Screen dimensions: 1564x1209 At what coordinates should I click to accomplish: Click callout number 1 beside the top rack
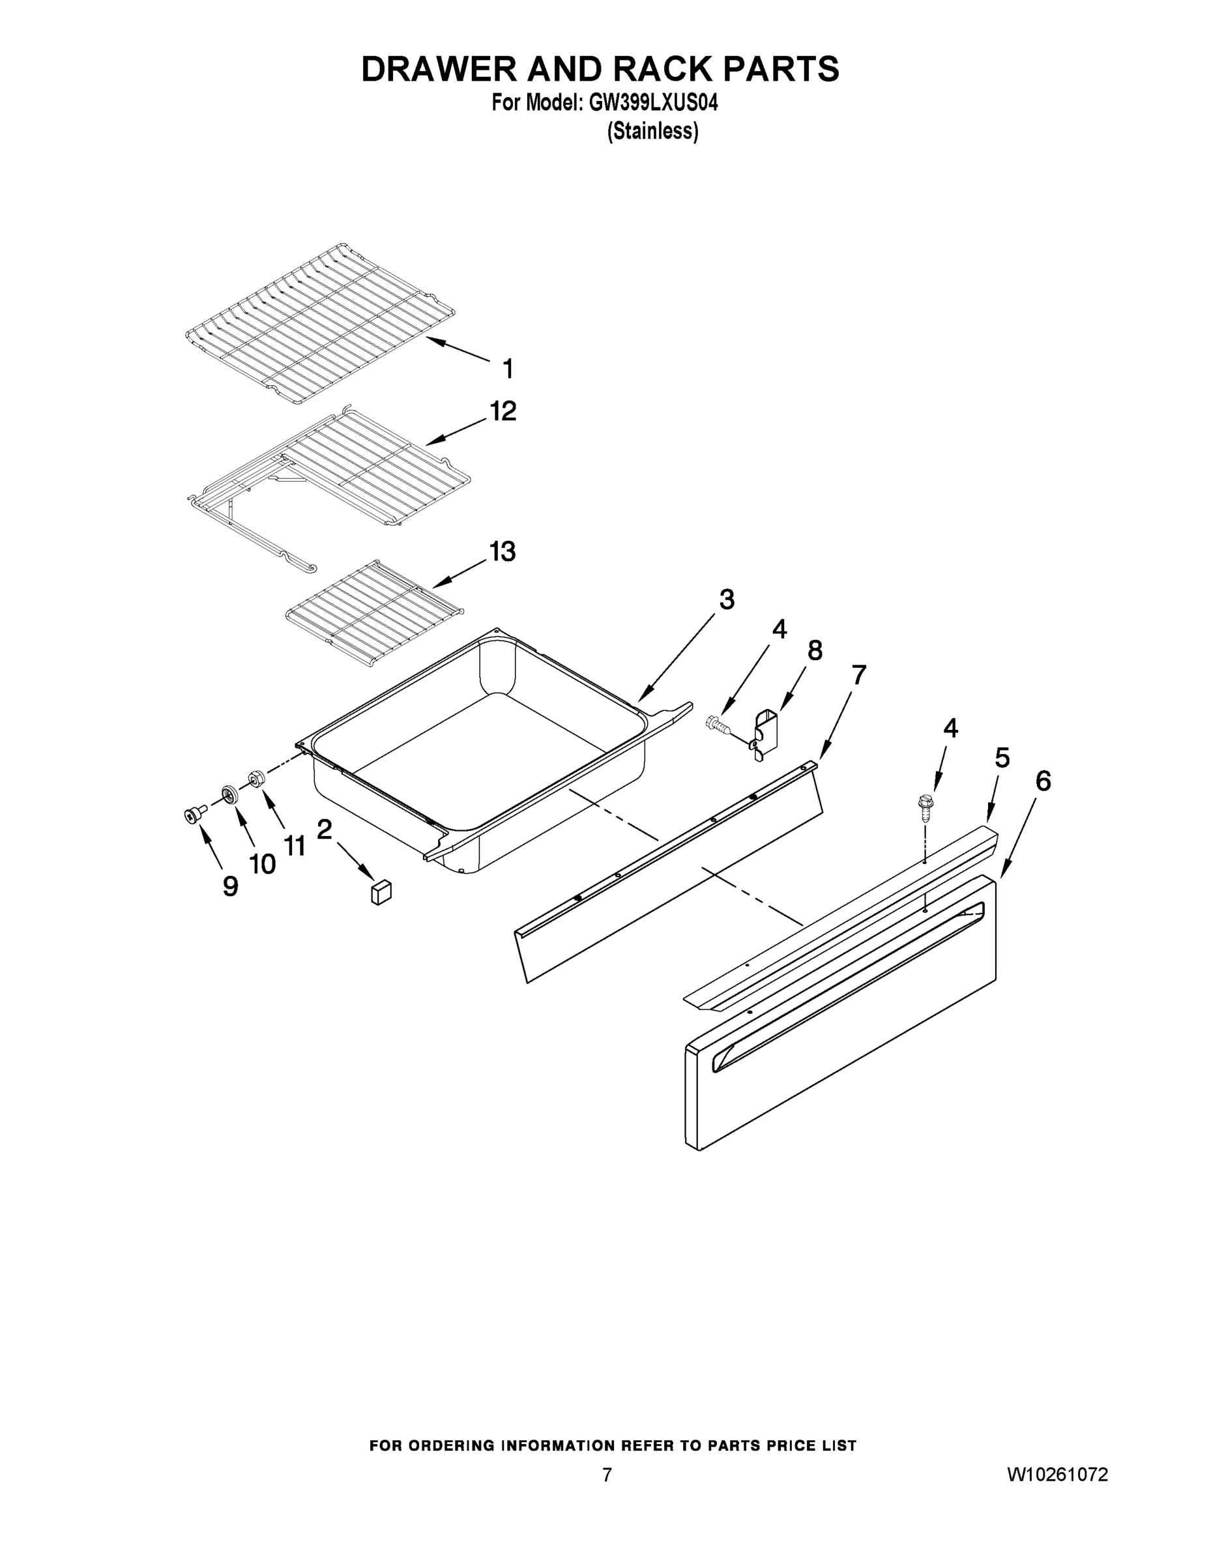pyautogui.click(x=507, y=369)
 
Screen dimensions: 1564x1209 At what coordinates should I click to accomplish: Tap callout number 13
pyautogui.click(x=502, y=551)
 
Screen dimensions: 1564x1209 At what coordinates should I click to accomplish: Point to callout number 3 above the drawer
pyautogui.click(x=726, y=599)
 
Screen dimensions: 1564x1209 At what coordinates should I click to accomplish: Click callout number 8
pyautogui.click(x=814, y=650)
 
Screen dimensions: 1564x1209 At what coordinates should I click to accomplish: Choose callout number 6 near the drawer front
pyautogui.click(x=1043, y=781)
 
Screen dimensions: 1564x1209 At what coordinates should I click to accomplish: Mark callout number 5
pyautogui.click(x=1002, y=758)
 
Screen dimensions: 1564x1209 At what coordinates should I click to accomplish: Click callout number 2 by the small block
pyautogui.click(x=325, y=830)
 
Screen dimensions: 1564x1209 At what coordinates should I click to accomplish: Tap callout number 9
pyautogui.click(x=230, y=886)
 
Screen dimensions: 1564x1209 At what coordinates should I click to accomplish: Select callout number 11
pyautogui.click(x=295, y=846)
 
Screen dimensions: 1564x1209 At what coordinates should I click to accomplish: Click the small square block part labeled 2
pyautogui.click(x=381, y=892)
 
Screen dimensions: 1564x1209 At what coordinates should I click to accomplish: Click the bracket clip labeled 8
pyautogui.click(x=765, y=732)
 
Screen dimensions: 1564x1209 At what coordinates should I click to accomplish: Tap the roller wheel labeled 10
pyautogui.click(x=230, y=794)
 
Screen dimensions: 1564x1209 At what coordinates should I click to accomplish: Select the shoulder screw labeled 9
pyautogui.click(x=193, y=815)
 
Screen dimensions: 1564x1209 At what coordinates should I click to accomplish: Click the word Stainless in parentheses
pyautogui.click(x=652, y=132)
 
